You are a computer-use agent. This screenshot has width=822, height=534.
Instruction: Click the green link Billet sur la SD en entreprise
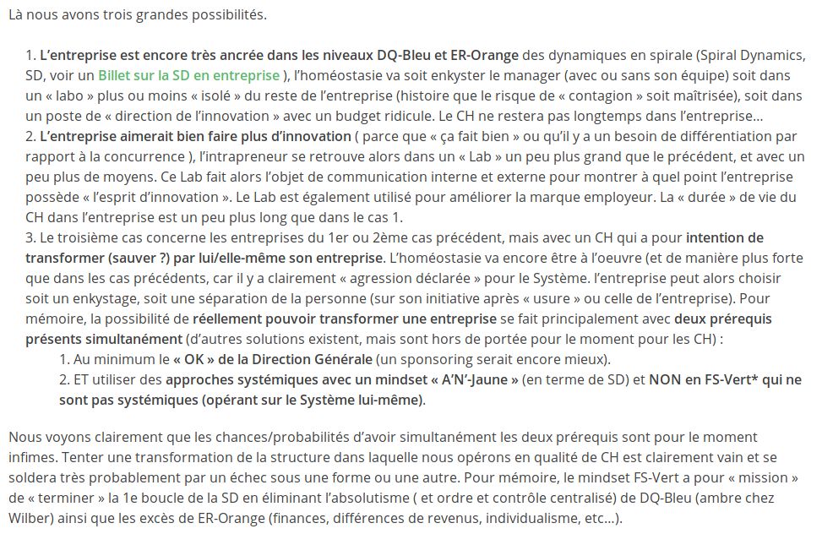tap(189, 74)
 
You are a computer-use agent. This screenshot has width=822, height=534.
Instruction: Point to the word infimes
tap(29, 456)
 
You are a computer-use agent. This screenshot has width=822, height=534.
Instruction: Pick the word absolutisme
tap(504, 497)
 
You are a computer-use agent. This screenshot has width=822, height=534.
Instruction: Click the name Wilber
tap(29, 517)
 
